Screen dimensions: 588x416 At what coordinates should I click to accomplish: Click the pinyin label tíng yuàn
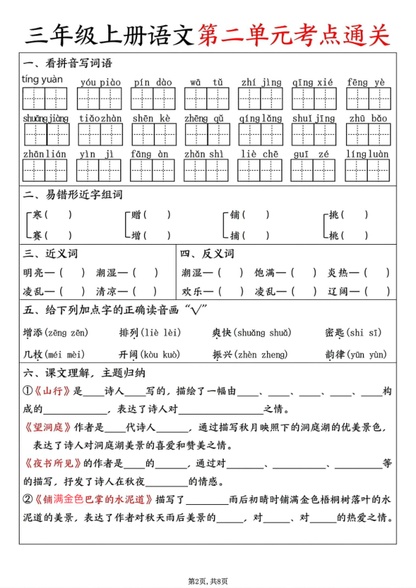43,79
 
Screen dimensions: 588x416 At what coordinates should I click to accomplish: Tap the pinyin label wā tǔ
206,83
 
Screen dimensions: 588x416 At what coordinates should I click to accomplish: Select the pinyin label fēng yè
366,83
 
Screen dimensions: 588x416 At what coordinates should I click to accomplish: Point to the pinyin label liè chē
259,154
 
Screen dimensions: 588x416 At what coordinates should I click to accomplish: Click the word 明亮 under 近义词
34,273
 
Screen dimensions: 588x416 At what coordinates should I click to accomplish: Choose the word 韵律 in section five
336,354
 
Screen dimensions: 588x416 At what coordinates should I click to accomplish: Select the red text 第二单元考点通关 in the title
294,34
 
